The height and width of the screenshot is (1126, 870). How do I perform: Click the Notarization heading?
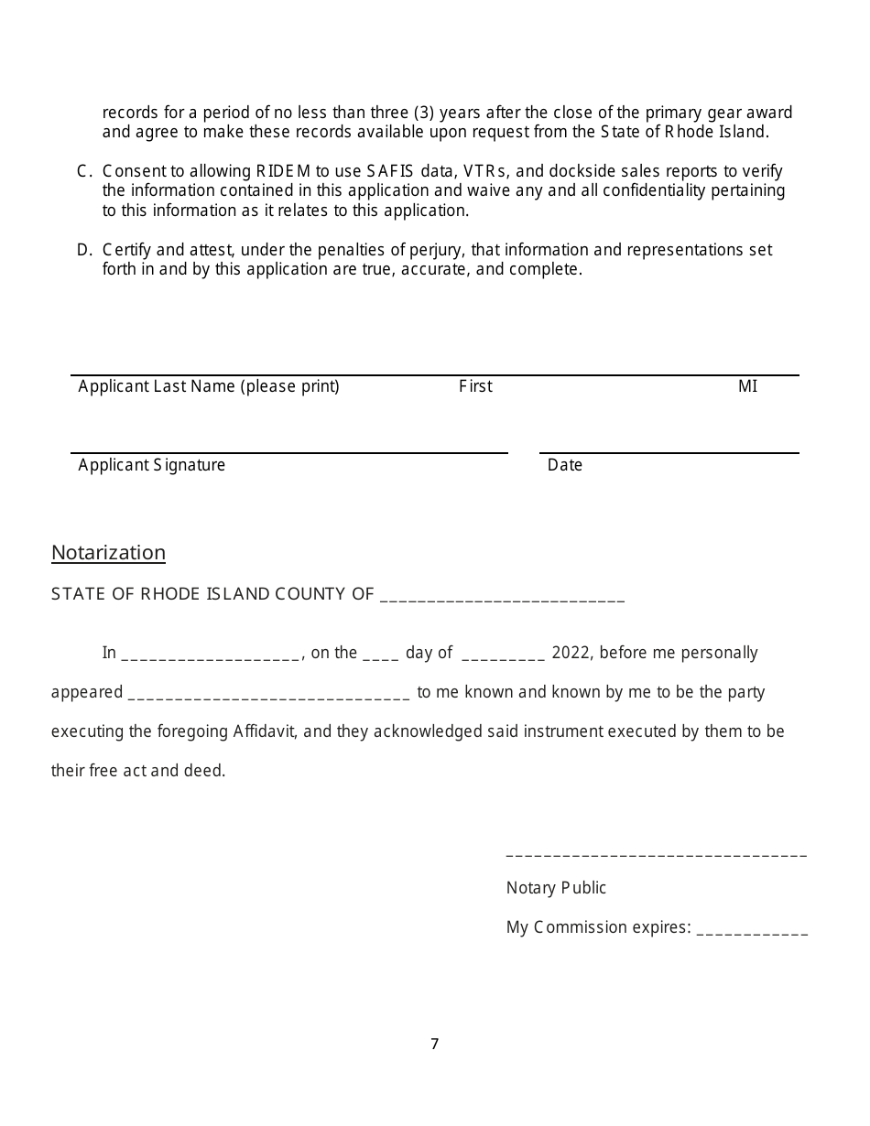pyautogui.click(x=108, y=553)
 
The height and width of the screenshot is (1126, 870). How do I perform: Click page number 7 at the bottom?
pyautogui.click(x=435, y=1044)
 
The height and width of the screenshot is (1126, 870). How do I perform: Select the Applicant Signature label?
pyautogui.click(x=152, y=465)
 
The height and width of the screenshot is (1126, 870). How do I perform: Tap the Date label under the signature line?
pyautogui.click(x=565, y=465)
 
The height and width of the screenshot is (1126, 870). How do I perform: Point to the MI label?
pyautogui.click(x=747, y=386)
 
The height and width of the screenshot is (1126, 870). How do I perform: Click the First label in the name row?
pyautogui.click(x=475, y=386)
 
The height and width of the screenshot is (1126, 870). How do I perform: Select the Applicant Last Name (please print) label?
pyautogui.click(x=209, y=386)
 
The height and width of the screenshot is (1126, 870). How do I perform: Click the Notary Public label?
pyautogui.click(x=556, y=888)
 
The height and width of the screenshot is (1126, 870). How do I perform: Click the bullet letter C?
pyautogui.click(x=83, y=171)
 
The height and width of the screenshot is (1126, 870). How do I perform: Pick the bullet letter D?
pyautogui.click(x=83, y=250)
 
